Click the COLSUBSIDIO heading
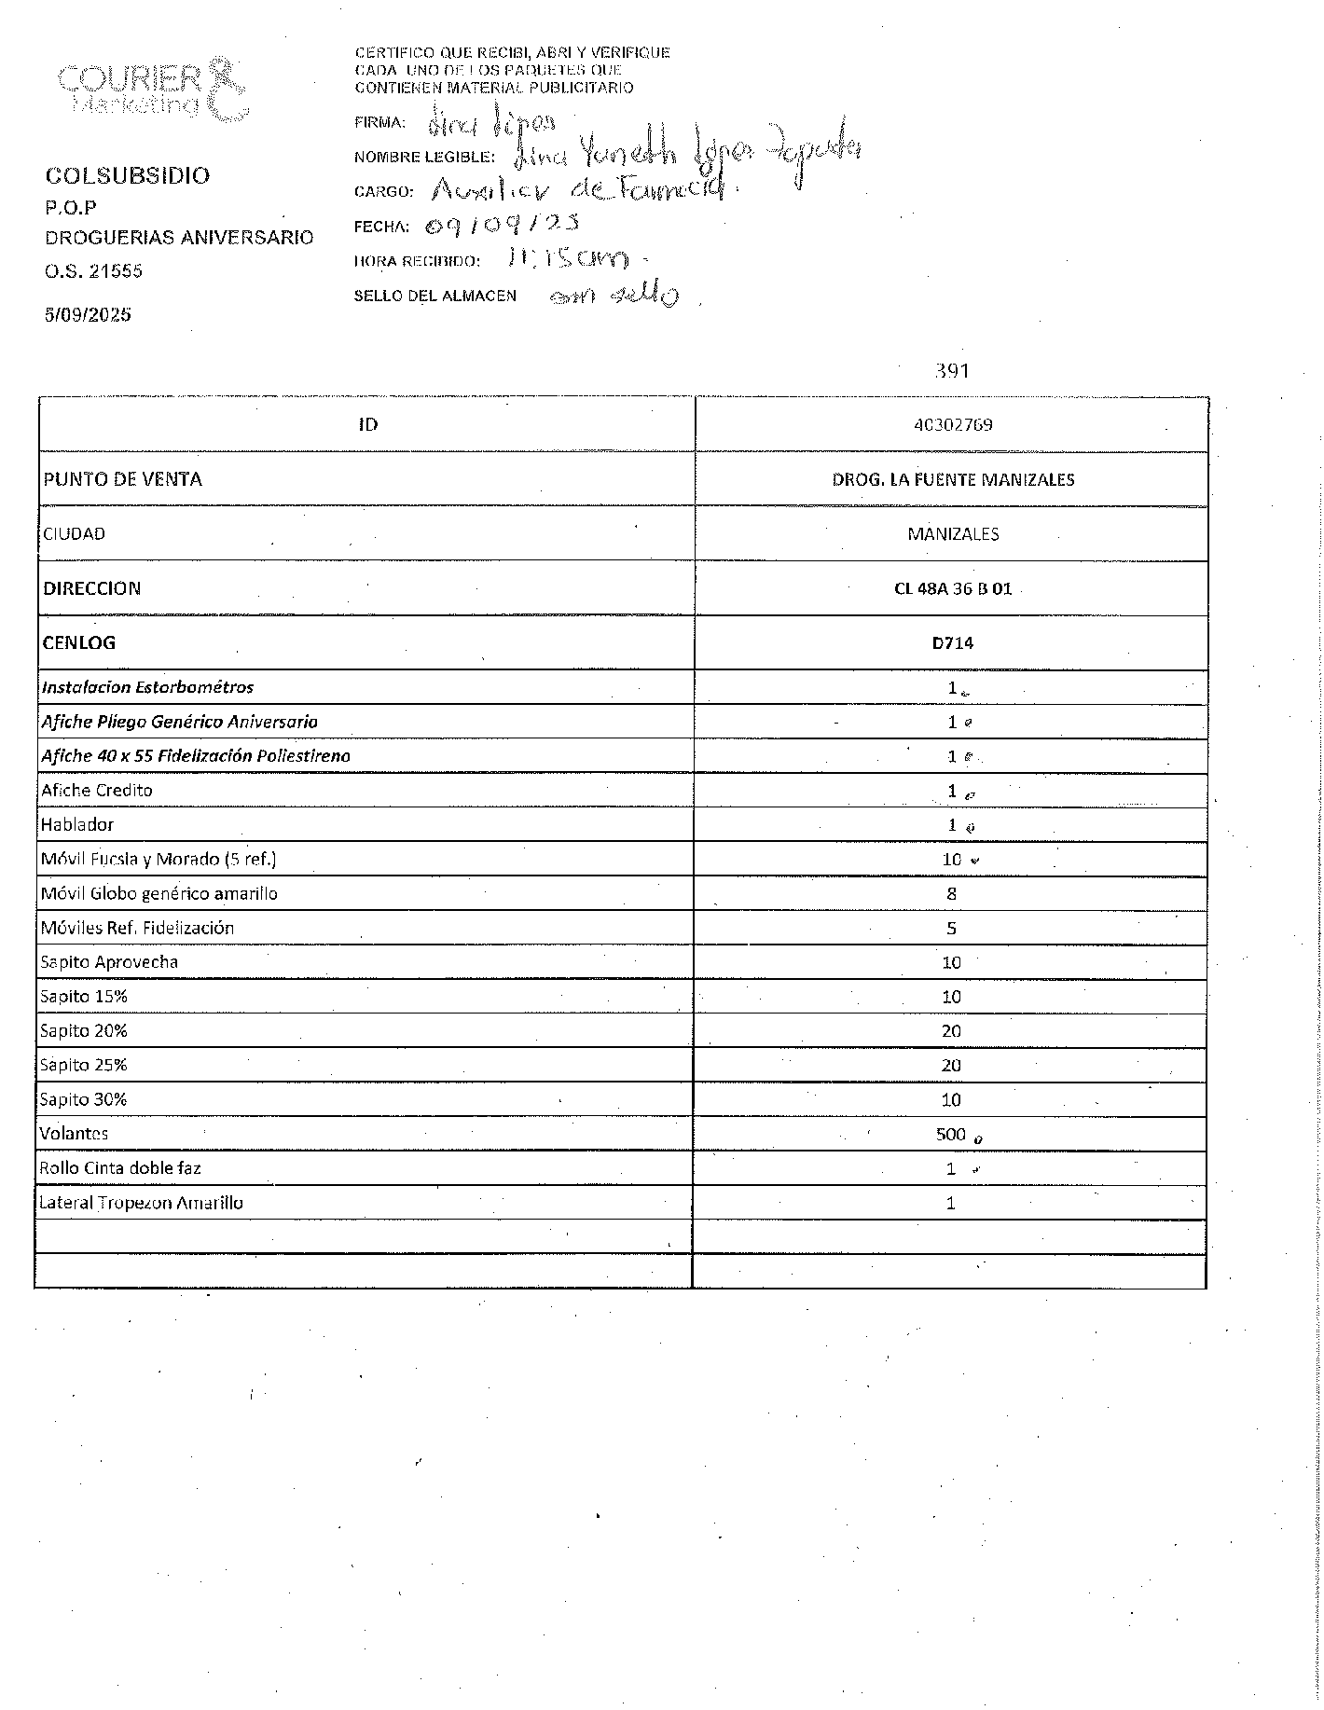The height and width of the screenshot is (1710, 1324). pyautogui.click(x=128, y=175)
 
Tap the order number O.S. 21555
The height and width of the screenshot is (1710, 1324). pyautogui.click(x=93, y=271)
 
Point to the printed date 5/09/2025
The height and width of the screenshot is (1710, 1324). pyautogui.click(x=88, y=314)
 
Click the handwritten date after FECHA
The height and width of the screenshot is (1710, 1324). pyautogui.click(x=502, y=225)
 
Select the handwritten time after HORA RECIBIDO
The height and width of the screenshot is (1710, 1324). pyautogui.click(x=570, y=258)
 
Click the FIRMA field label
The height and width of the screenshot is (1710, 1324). pyautogui.click(x=379, y=122)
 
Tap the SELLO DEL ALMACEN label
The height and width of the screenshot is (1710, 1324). pyautogui.click(x=434, y=296)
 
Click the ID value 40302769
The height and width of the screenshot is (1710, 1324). pyautogui.click(x=953, y=425)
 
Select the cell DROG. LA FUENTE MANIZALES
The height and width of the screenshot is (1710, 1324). pyautogui.click(x=953, y=479)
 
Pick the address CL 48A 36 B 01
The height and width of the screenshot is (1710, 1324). pyautogui.click(x=953, y=588)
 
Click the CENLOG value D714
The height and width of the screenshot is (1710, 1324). pyautogui.click(x=953, y=642)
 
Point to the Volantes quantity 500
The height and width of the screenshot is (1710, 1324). pyautogui.click(x=951, y=1134)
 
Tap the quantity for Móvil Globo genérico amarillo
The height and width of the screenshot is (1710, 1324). pyautogui.click(x=951, y=893)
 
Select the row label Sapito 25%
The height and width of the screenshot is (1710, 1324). pyautogui.click(x=83, y=1065)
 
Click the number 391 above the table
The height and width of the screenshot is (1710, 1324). pyautogui.click(x=952, y=371)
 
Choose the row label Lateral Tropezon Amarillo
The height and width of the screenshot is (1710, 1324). pyautogui.click(x=141, y=1203)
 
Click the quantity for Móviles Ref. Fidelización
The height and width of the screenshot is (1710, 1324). pyautogui.click(x=951, y=928)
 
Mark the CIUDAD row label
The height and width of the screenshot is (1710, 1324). pyautogui.click(x=74, y=534)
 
